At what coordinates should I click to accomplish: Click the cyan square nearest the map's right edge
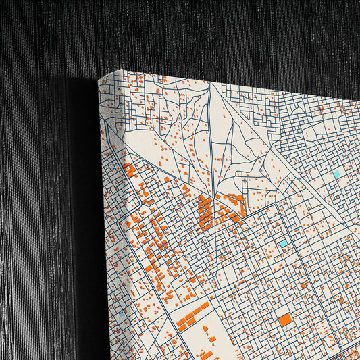[x=337, y=174]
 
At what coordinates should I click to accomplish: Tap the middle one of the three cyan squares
[x=284, y=242]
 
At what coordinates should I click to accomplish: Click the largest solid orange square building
[x=286, y=319]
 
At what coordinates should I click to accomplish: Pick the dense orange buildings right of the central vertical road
[x=232, y=206]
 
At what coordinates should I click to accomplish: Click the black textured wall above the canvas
[x=203, y=34]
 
